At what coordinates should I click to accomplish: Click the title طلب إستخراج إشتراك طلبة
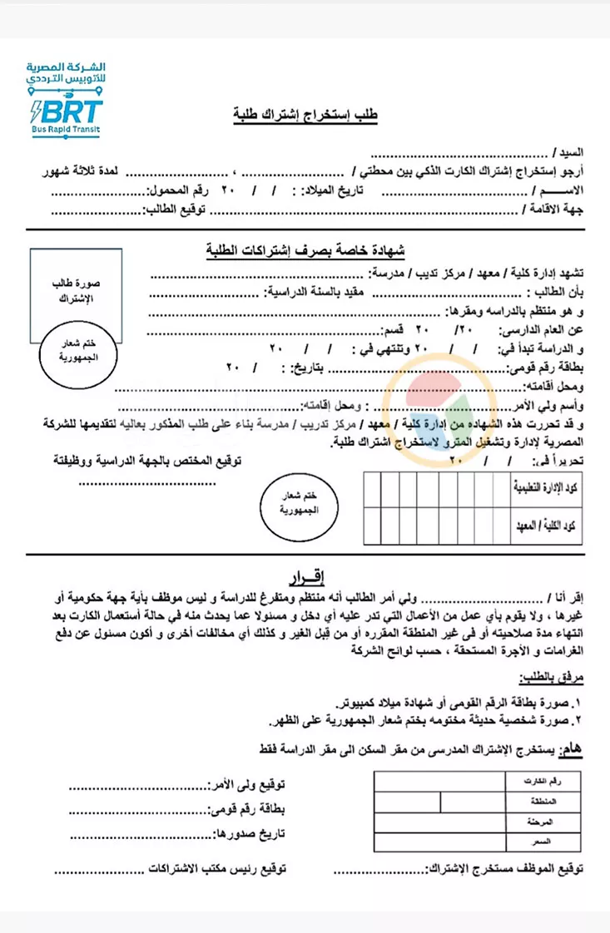pyautogui.click(x=305, y=116)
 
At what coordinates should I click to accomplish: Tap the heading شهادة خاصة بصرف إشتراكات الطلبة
pyautogui.click(x=305, y=250)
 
